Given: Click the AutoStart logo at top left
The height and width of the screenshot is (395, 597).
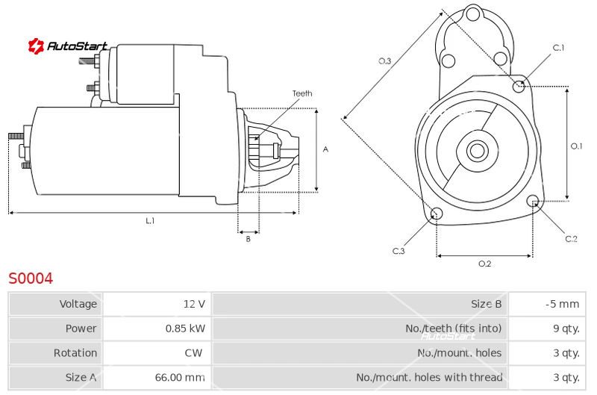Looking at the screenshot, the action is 68,46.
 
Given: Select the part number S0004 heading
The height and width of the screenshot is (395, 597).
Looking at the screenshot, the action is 31,279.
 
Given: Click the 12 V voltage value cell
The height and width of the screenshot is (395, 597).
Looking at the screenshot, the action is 194,304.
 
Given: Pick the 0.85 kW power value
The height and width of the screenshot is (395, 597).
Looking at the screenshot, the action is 185,329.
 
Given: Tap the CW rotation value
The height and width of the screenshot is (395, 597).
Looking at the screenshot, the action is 193,352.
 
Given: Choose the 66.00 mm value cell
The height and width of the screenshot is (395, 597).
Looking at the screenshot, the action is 180,377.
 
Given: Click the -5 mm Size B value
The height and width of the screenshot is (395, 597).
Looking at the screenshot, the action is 562,304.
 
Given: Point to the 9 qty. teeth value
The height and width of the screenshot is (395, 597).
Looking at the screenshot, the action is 566,329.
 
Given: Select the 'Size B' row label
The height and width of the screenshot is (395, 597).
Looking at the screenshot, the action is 487,304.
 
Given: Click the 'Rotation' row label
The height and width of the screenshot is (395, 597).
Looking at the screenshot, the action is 75,352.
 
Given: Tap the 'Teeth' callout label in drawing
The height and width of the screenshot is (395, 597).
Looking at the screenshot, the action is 302,93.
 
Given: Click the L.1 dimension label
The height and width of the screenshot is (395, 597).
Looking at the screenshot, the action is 150,220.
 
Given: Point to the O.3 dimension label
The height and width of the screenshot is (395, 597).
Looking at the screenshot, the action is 384,61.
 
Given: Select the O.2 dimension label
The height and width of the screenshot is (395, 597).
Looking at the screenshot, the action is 484,264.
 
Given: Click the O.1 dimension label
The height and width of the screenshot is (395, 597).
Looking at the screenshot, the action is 576,146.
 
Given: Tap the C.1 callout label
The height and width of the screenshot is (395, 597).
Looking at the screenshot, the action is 558,48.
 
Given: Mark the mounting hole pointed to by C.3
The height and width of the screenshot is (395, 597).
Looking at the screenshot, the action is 437,214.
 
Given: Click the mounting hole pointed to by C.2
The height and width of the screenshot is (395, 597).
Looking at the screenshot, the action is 533,200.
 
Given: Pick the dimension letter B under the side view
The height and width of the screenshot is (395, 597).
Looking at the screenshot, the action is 248,239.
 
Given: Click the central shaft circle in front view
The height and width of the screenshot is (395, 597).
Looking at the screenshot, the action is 477,150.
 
